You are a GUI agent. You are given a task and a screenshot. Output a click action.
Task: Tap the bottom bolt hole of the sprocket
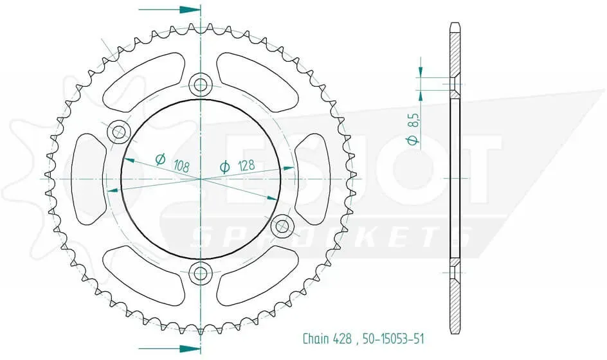(201, 273)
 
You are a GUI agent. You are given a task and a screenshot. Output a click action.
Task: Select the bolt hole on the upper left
(118, 133)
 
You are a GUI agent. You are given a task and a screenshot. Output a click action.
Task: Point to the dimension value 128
(246, 165)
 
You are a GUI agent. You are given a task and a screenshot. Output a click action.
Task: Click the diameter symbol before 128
(224, 168)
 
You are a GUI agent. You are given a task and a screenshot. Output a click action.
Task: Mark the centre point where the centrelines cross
(201, 179)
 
